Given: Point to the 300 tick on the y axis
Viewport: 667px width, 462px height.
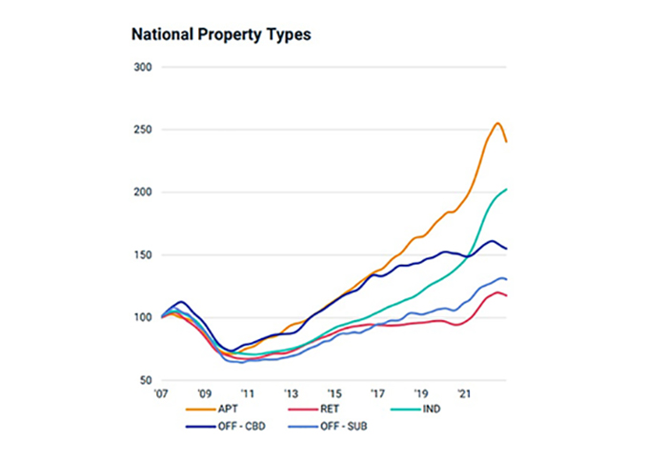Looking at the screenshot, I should [x=144, y=68].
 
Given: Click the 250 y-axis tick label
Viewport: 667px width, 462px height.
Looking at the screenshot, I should [x=144, y=130].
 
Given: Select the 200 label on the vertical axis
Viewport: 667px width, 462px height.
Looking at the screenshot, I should [x=144, y=192].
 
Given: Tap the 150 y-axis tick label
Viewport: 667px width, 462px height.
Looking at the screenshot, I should [x=144, y=255].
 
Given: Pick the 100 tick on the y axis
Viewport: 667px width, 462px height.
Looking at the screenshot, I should [x=144, y=317].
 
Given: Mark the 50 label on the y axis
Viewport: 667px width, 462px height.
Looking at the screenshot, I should [x=147, y=380].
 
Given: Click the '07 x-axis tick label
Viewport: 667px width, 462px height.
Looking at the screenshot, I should [x=163, y=392].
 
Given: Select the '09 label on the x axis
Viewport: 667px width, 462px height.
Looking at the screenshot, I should [x=204, y=392].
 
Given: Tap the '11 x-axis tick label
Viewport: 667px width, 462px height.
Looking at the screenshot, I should [x=248, y=392].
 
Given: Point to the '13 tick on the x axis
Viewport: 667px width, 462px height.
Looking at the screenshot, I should [x=291, y=392].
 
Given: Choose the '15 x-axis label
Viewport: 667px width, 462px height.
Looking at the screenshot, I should [x=334, y=392].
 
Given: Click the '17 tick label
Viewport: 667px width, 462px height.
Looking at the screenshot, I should [x=378, y=392].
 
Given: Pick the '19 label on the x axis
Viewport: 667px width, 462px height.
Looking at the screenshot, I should [x=421, y=392].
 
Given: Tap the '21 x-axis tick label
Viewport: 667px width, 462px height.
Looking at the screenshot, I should [x=465, y=392].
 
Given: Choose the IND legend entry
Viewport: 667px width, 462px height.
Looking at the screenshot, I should [x=427, y=408].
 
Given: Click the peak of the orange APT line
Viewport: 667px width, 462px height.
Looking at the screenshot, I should [x=497, y=123].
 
